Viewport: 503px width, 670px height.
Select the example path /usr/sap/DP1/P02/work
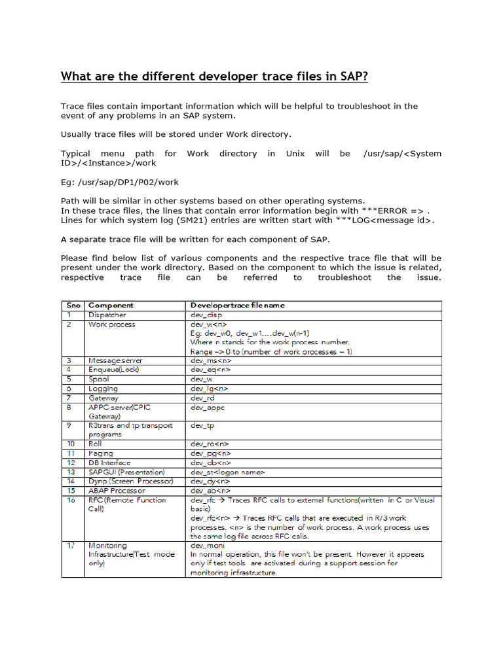tap(120, 181)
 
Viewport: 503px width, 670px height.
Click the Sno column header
tap(72, 305)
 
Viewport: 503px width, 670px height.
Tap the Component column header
tap(111, 305)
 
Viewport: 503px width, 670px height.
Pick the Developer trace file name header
tap(237, 305)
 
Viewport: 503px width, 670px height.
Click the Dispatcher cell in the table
tap(107, 315)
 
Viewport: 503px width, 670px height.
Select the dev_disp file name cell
tap(206, 315)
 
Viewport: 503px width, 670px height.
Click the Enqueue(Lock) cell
tap(114, 370)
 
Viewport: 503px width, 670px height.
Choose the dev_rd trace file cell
tap(202, 398)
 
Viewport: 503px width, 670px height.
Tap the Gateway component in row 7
tap(103, 398)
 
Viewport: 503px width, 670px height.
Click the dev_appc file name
tap(208, 407)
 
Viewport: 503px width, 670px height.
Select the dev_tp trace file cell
tap(202, 425)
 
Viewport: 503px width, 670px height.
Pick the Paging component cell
tap(101, 453)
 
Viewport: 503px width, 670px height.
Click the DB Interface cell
tap(109, 463)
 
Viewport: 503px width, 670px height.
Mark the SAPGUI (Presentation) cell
tap(126, 472)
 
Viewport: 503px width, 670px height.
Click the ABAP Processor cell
tap(117, 490)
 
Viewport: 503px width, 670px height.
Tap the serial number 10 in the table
tap(71, 444)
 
